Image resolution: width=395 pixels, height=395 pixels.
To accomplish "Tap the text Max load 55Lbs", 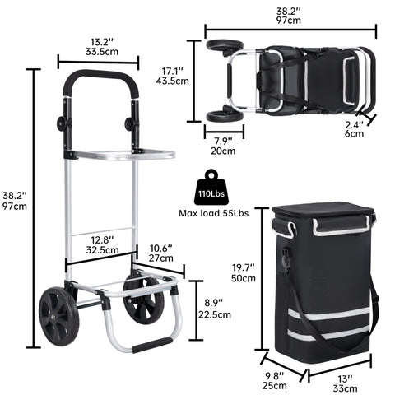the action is pos(214,213).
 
